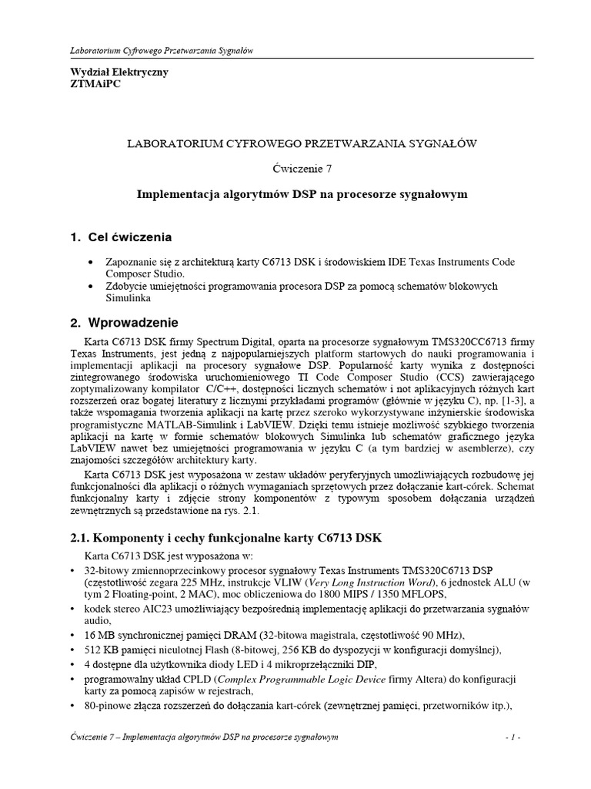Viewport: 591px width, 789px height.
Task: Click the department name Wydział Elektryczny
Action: (119, 72)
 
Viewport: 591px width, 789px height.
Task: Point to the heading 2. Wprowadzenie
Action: (124, 321)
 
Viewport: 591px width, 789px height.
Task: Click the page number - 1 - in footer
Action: (513, 737)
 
